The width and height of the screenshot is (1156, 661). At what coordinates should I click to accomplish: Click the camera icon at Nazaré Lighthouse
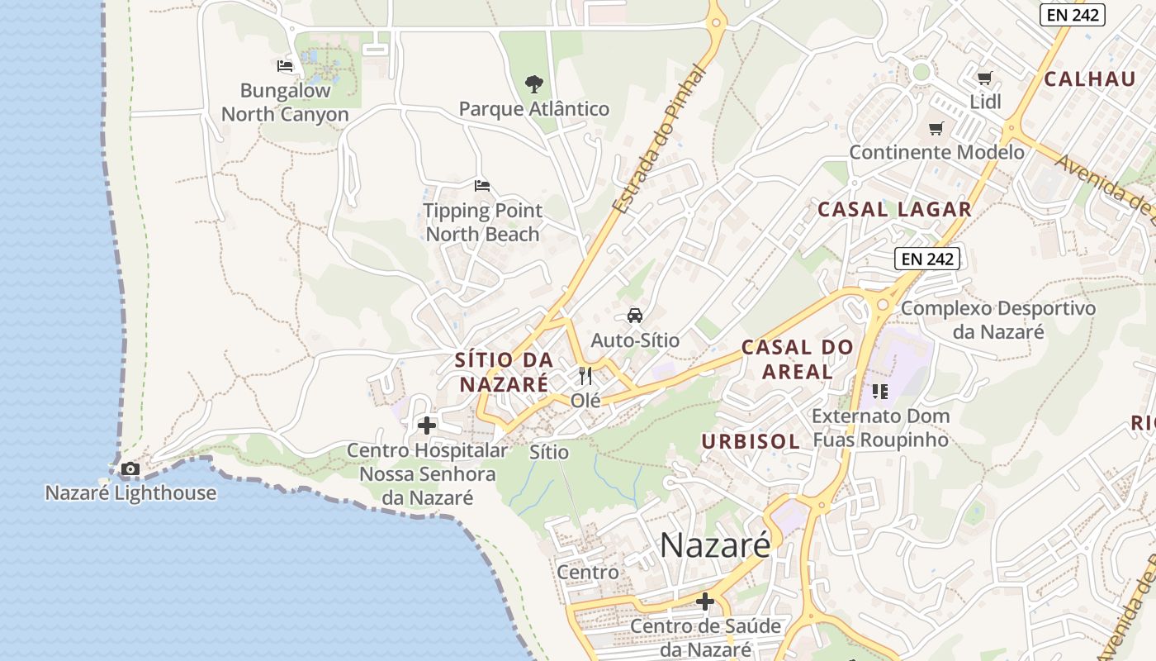[130, 469]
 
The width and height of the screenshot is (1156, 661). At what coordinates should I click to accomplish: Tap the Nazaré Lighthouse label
[130, 493]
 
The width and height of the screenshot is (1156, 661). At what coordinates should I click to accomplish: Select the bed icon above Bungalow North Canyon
[285, 66]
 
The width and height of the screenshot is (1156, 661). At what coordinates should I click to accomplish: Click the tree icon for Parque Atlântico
[534, 83]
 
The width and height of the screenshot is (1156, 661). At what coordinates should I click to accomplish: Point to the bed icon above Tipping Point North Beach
[482, 185]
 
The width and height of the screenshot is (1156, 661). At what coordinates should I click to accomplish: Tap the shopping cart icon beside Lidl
[984, 78]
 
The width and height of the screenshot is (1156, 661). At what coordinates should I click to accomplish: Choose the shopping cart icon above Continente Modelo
[936, 128]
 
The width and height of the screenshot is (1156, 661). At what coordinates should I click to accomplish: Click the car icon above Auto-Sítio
[634, 315]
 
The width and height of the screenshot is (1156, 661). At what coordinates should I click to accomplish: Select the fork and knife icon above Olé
[585, 376]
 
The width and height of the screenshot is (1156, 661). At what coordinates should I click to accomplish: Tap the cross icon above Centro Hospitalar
[427, 426]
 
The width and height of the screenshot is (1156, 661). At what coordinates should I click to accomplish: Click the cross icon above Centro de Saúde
[705, 602]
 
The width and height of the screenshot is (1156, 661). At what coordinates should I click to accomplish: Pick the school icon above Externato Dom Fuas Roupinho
[879, 391]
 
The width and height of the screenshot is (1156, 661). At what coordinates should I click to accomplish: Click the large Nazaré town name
[715, 544]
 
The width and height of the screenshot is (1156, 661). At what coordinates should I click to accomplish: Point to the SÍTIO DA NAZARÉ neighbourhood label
[504, 372]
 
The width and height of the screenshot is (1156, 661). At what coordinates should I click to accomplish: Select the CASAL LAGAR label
[894, 210]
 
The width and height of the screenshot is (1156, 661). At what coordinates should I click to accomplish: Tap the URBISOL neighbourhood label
[751, 441]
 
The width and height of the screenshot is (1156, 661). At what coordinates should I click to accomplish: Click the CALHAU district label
[1090, 79]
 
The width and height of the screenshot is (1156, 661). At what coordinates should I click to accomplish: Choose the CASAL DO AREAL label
[797, 359]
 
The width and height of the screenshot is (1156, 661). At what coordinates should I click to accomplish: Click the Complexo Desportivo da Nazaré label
[997, 320]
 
